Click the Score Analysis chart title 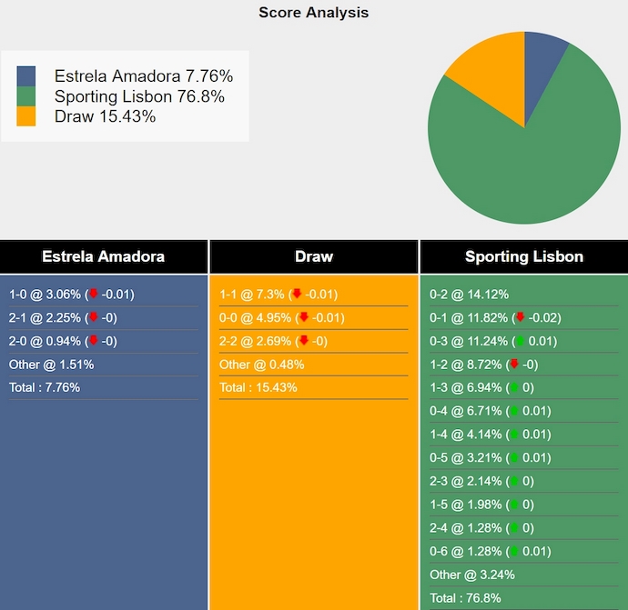click(x=313, y=13)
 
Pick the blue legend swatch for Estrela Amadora click(x=26, y=75)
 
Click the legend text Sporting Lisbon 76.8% click(x=139, y=96)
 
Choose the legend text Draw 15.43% click(x=105, y=116)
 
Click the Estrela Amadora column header click(x=103, y=256)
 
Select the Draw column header click(x=314, y=256)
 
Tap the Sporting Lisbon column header click(x=524, y=256)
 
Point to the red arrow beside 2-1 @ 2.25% click(x=93, y=317)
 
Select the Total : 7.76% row click(x=45, y=387)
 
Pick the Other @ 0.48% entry click(x=261, y=365)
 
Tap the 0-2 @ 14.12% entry click(x=469, y=295)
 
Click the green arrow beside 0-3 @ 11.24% click(x=520, y=341)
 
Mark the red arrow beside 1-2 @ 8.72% click(x=513, y=365)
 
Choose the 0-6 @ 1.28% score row click(x=465, y=551)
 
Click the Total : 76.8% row click(x=465, y=598)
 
